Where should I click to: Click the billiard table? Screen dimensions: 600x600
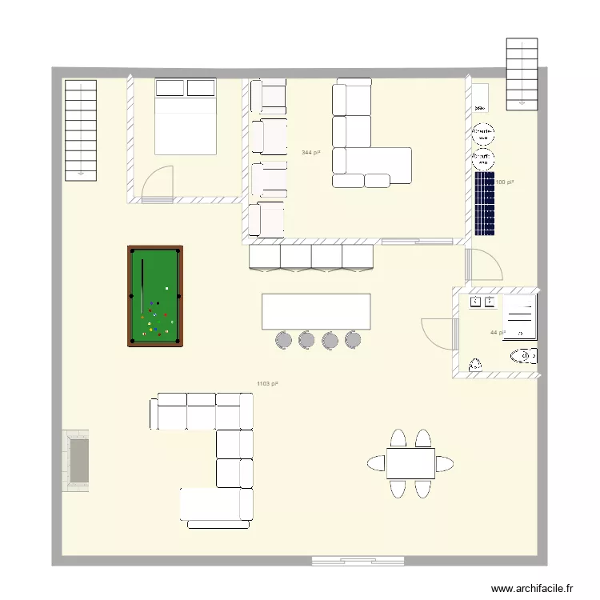coord(155,297)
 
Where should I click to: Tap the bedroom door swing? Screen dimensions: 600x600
coord(158,182)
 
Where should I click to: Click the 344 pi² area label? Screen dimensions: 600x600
coord(310,152)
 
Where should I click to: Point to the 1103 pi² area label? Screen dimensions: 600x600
coord(267,384)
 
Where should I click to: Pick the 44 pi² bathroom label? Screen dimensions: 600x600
coord(498,333)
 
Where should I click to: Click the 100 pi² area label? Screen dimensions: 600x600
coord(505,182)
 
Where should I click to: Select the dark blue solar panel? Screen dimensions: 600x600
coord(485,204)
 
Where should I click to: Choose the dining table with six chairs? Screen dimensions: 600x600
coord(410,463)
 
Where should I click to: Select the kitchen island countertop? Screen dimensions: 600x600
coord(316,311)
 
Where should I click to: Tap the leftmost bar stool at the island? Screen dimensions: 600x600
coord(284,340)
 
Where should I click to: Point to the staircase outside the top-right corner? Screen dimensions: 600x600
coord(521,74)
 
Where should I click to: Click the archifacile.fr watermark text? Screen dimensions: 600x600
coord(531,588)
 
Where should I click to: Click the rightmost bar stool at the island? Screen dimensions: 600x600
coord(353,340)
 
